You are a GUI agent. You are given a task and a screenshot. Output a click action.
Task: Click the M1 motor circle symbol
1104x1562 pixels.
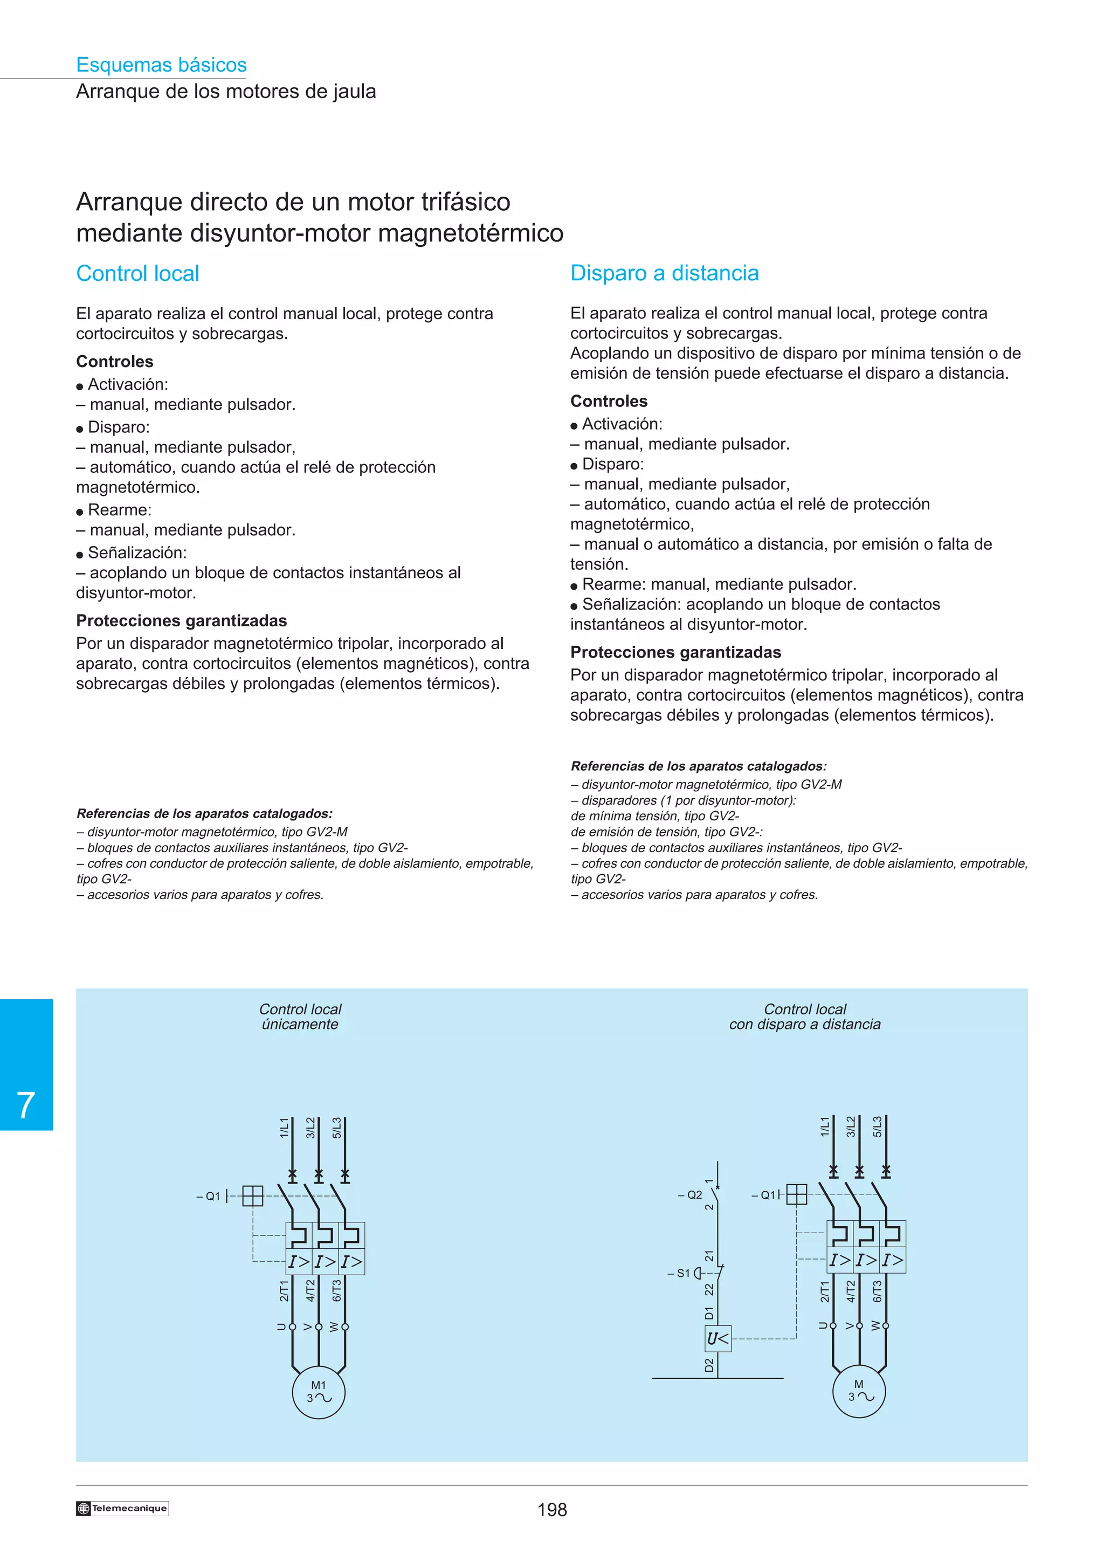click(319, 1392)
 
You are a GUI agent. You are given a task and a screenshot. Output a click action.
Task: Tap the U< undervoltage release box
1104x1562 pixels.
click(717, 1339)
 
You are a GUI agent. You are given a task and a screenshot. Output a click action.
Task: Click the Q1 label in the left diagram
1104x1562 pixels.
click(210, 1196)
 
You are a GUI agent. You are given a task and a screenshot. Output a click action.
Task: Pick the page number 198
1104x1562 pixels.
click(551, 1510)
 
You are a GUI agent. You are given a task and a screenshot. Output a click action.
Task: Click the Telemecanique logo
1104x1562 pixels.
click(122, 1508)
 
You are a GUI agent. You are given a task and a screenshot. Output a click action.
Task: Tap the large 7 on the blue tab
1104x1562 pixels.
click(26, 1105)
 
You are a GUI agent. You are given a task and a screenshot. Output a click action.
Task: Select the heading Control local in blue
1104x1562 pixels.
click(138, 273)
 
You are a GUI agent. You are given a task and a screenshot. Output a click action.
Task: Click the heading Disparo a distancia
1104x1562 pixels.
click(664, 273)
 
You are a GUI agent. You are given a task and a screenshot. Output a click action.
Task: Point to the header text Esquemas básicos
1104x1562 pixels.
click(161, 65)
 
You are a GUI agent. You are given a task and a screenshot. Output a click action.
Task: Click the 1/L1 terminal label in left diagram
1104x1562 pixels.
click(284, 1127)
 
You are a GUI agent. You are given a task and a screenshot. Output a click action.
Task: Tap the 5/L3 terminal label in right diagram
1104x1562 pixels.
click(878, 1126)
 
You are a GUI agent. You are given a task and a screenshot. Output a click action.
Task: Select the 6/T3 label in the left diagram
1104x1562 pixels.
click(336, 1290)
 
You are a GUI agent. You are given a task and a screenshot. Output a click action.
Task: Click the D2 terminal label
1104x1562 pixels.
click(709, 1365)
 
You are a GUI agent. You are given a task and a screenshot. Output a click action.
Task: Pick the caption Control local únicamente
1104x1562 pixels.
click(300, 1017)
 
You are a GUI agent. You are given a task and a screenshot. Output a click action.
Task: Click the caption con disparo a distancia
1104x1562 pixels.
click(805, 1024)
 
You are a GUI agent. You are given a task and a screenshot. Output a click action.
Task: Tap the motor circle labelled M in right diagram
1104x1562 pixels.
click(859, 1391)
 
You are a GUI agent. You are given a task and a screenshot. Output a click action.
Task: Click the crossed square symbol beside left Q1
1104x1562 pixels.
click(252, 1196)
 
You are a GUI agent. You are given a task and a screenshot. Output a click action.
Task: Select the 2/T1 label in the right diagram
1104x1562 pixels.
click(824, 1290)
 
